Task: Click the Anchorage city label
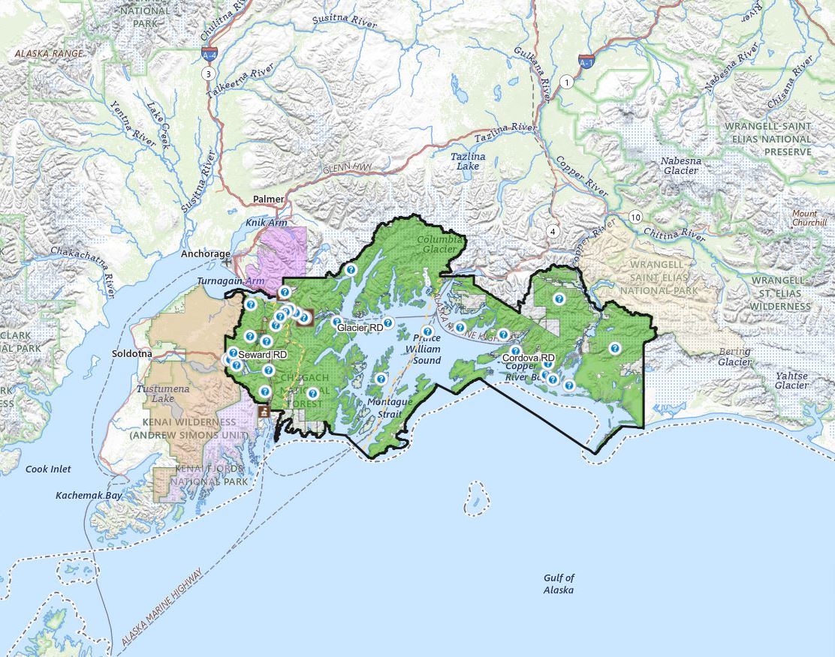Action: [205, 253]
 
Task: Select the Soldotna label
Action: [132, 352]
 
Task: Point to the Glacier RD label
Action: [360, 328]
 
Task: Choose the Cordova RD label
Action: [529, 358]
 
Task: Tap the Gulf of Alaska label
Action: [559, 583]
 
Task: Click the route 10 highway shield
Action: [636, 217]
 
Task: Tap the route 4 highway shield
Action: [553, 230]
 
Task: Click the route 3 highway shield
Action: [208, 73]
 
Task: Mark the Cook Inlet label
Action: [49, 469]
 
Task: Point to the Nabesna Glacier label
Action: [680, 165]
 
